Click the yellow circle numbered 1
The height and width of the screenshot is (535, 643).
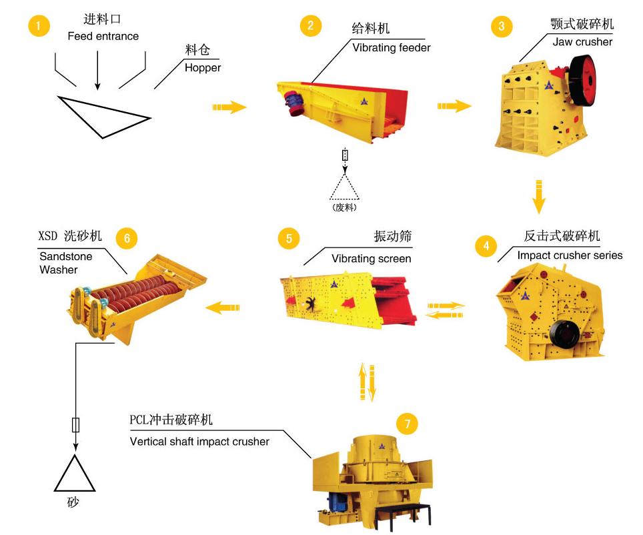click(x=39, y=26)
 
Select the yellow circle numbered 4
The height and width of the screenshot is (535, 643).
click(x=486, y=246)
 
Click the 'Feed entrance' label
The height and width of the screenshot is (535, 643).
click(x=103, y=36)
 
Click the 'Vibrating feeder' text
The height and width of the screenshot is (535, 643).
click(x=392, y=47)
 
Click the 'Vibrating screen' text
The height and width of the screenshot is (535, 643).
click(x=371, y=258)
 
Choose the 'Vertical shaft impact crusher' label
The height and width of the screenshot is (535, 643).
click(x=199, y=441)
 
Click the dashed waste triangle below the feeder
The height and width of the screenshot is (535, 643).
click(x=344, y=189)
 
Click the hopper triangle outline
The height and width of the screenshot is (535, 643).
click(x=103, y=116)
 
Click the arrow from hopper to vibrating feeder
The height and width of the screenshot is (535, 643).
click(x=229, y=107)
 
